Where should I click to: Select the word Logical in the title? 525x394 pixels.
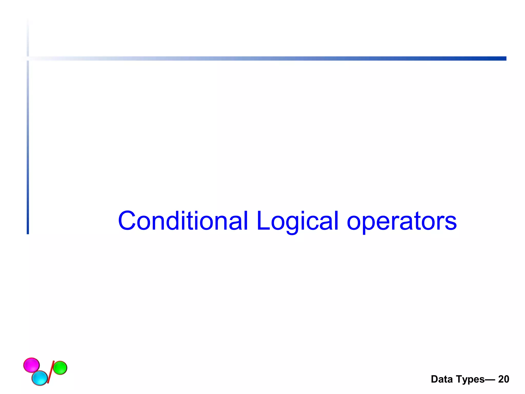click(x=297, y=221)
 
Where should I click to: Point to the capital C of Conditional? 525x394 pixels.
click(x=127, y=221)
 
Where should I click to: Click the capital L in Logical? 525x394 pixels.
click(x=262, y=221)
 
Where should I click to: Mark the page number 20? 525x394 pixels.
click(x=503, y=379)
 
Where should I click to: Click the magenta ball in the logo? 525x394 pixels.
click(x=31, y=365)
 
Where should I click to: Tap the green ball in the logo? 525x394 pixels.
click(x=60, y=368)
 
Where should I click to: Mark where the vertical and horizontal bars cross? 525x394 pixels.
click(x=28, y=58)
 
